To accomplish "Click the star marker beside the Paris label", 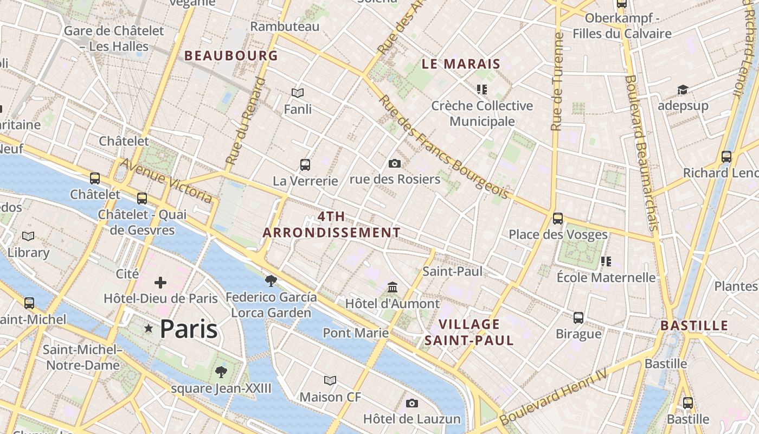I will pos(149,329).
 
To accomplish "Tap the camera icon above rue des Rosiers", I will pos(395,163).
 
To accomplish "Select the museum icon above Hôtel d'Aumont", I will pos(392,287).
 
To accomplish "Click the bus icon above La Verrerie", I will pos(305,164).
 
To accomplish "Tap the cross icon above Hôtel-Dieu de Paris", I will pos(160,283).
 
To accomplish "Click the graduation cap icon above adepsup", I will pos(683,90).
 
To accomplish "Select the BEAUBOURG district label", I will pos(231,55).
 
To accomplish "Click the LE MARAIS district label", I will pos(461,64).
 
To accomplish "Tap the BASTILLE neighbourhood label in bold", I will pos(694,325).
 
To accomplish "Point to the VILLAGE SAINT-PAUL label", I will pos(469,333).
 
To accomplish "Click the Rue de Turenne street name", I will pos(557,81).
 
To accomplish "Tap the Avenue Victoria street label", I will pos(166,181).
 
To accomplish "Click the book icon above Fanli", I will pos(298,93).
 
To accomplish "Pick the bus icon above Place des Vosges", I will pos(557,219).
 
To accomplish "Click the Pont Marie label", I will pos(356,333).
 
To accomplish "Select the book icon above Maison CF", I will pos(330,380).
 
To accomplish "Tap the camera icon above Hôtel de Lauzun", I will pos(412,403).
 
